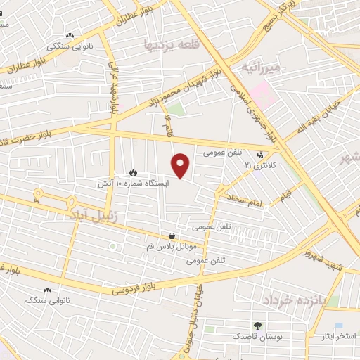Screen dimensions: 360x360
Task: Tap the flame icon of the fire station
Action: pos(133,172)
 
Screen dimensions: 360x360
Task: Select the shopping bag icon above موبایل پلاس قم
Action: pos(172,236)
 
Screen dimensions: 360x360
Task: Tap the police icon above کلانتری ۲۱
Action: pos(262,154)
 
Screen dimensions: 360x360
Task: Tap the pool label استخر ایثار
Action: pos(336,336)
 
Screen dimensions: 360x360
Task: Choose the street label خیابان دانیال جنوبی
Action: pos(198,309)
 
